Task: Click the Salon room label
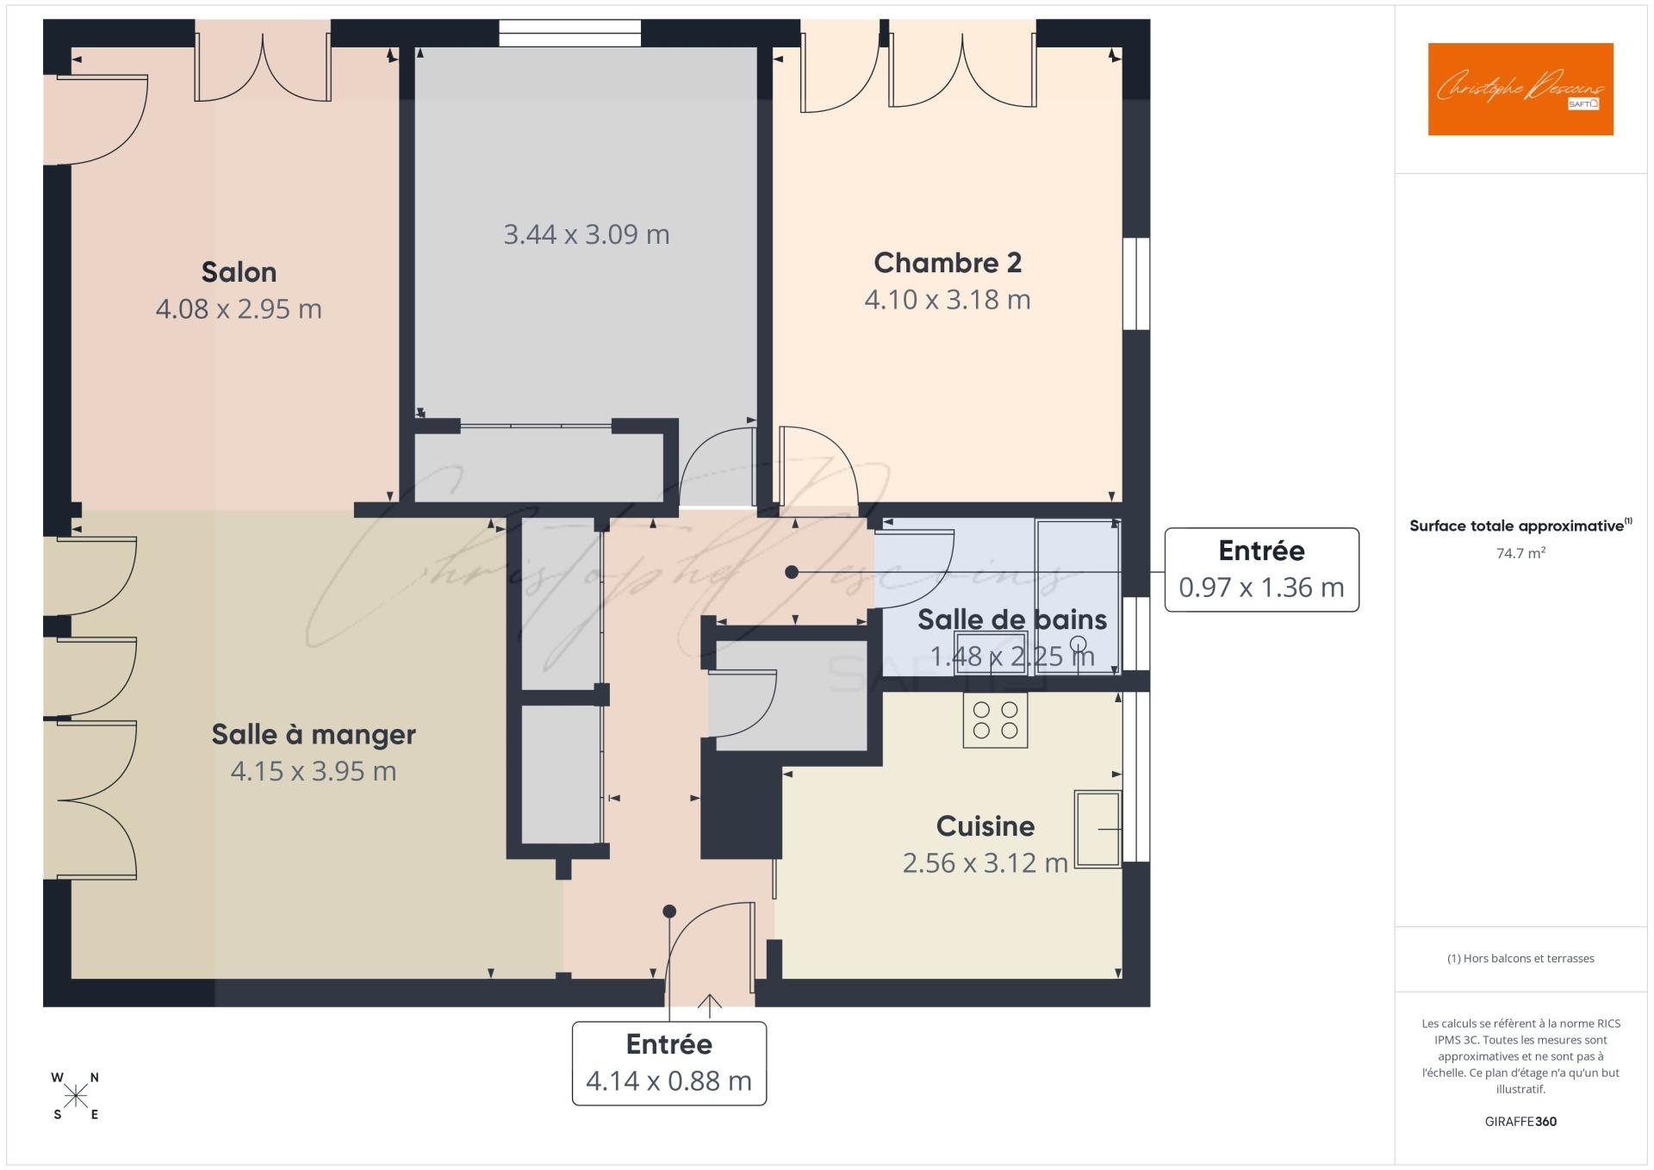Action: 239,272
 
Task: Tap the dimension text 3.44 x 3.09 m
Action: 586,234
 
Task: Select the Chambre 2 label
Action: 947,263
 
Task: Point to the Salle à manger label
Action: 314,734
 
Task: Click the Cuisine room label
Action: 985,826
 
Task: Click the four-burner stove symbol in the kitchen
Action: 995,721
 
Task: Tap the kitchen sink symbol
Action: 1097,829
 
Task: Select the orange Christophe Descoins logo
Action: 1520,90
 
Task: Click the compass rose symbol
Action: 76,1096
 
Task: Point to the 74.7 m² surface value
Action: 1520,553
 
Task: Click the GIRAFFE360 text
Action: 1520,1121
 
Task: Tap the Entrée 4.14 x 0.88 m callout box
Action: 668,1063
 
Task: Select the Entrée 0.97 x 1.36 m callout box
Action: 1260,569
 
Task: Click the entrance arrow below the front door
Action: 709,1005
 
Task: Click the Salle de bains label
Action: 1011,619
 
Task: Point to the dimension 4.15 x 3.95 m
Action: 314,771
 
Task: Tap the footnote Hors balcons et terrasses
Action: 1520,958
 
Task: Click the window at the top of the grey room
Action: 569,33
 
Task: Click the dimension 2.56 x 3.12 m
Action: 985,863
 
